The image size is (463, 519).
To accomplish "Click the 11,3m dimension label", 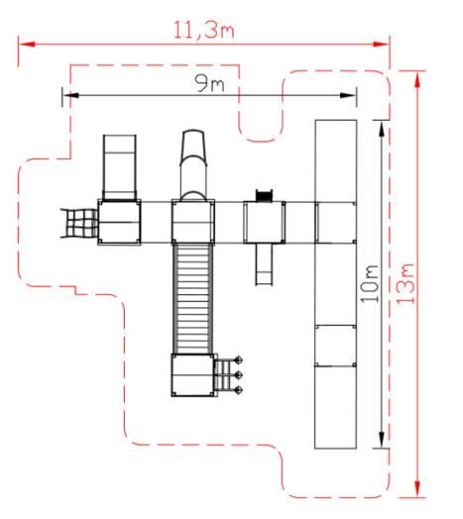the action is click(204, 31).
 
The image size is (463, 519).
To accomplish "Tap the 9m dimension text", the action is click(209, 83).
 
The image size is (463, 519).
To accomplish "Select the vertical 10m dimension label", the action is click(370, 283).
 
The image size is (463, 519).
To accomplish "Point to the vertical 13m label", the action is click(405, 283).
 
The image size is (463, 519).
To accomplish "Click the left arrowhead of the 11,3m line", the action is click(27, 44).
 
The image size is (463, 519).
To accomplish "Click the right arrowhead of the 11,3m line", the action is click(381, 44).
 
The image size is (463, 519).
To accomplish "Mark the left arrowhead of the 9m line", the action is click(70, 95).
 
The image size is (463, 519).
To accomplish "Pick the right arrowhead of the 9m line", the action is click(348, 95).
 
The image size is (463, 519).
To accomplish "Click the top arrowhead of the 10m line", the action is click(382, 129).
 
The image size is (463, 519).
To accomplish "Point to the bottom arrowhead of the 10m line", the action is click(382, 440).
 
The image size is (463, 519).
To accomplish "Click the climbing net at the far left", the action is click(79, 223).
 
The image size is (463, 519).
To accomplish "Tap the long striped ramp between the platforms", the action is click(193, 298).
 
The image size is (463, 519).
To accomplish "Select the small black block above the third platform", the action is click(264, 196).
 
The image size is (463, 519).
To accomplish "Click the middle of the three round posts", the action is click(238, 375).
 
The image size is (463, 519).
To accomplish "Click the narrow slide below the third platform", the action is click(265, 264).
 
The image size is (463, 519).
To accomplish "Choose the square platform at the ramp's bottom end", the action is click(193, 375).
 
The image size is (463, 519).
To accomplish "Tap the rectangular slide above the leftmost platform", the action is click(120, 167).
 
